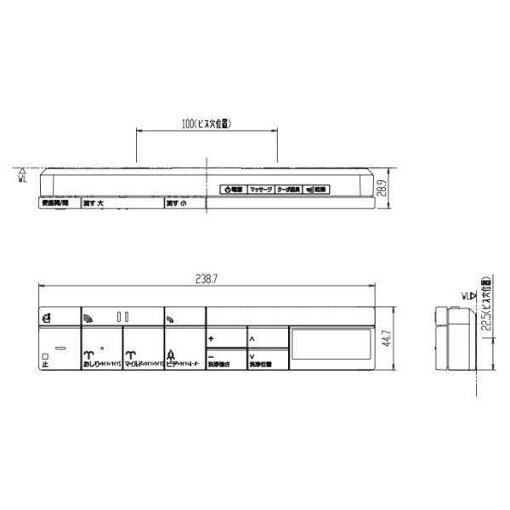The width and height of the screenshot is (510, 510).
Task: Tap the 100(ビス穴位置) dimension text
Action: (207, 123)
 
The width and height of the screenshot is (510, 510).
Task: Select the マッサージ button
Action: (260, 190)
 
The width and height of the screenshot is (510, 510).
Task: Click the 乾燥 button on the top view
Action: (316, 190)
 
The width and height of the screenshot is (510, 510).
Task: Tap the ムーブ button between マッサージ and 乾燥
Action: (289, 190)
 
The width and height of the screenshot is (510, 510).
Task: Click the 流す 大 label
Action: (93, 205)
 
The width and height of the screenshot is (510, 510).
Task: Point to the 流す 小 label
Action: (177, 205)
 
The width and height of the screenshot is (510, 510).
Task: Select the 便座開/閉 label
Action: (54, 205)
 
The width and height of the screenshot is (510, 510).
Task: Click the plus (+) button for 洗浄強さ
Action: (226, 338)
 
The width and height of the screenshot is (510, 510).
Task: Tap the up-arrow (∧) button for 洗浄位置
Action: (268, 338)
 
